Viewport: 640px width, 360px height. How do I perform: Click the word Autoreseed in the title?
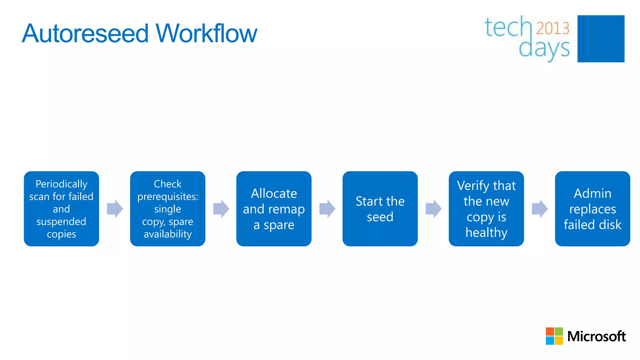pyautogui.click(x=85, y=33)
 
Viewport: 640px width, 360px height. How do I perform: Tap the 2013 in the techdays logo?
pyautogui.click(x=552, y=28)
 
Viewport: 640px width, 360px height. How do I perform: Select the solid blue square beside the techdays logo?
pyautogui.click(x=601, y=39)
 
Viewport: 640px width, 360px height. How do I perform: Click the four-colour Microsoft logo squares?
pyautogui.click(x=554, y=336)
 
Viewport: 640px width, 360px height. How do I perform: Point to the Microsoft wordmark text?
pyautogui.click(x=596, y=337)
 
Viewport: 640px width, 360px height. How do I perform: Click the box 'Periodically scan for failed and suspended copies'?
pyautogui.click(x=62, y=209)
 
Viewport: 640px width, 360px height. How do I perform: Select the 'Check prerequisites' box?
pyautogui.click(x=168, y=209)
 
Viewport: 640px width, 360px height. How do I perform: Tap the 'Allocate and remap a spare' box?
pyautogui.click(x=274, y=209)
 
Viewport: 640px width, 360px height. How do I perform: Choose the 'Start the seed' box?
pyautogui.click(x=380, y=209)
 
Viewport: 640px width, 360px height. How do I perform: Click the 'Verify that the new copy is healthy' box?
pyautogui.click(x=486, y=209)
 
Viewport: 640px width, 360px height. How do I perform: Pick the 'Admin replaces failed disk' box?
pyautogui.click(x=592, y=209)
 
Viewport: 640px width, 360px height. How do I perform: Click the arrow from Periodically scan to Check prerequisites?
pyautogui.click(x=115, y=209)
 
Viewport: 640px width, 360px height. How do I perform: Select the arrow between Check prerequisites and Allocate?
pyautogui.click(x=221, y=209)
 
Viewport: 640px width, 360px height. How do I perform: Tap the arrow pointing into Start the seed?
pyautogui.click(x=327, y=209)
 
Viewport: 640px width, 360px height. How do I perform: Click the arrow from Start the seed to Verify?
pyautogui.click(x=433, y=209)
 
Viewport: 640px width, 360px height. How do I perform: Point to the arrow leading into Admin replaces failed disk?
pyautogui.click(x=540, y=209)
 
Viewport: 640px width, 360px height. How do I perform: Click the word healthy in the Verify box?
pyautogui.click(x=486, y=233)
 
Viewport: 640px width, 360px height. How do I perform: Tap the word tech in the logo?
pyautogui.click(x=507, y=27)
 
